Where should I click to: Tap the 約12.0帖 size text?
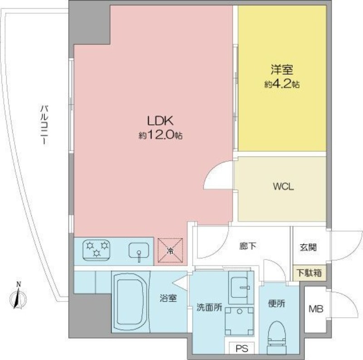click(x=160, y=135)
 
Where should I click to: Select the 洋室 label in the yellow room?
click(x=282, y=70)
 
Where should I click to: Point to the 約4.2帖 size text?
click(x=282, y=84)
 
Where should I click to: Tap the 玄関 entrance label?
click(x=308, y=248)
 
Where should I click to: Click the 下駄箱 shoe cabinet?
click(x=309, y=273)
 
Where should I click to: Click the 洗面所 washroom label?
click(x=209, y=307)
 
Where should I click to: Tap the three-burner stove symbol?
click(x=97, y=249)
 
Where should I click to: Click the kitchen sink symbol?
click(x=139, y=251)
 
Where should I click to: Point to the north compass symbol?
click(x=19, y=297)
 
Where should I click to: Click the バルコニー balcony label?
click(x=44, y=125)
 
